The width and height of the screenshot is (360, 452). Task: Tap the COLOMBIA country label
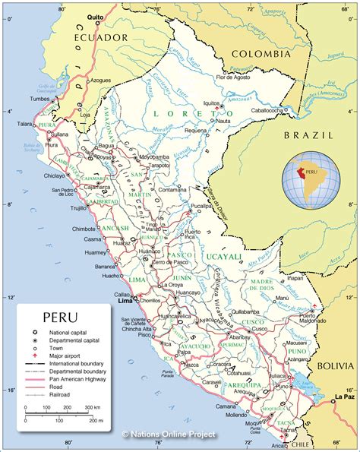tap(261, 54)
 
